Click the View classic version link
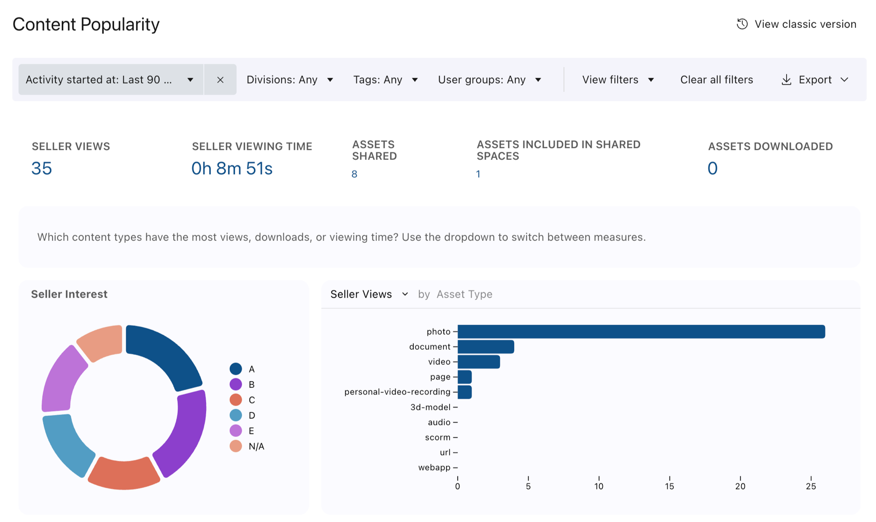pos(796,24)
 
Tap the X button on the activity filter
pos(220,79)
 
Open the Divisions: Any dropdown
pos(290,79)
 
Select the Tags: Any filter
pos(385,79)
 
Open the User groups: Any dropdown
pos(490,79)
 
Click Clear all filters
pos(716,79)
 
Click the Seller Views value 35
pos(41,168)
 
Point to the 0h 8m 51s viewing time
pos(232,168)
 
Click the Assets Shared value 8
pos(355,174)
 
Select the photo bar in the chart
pos(642,332)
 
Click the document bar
pos(486,347)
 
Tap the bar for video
pos(479,362)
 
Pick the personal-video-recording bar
pos(465,392)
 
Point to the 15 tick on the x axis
pos(669,486)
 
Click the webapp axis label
pos(434,467)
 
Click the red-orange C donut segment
pos(124,474)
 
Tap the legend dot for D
pos(236,415)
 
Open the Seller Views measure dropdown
pos(369,294)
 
